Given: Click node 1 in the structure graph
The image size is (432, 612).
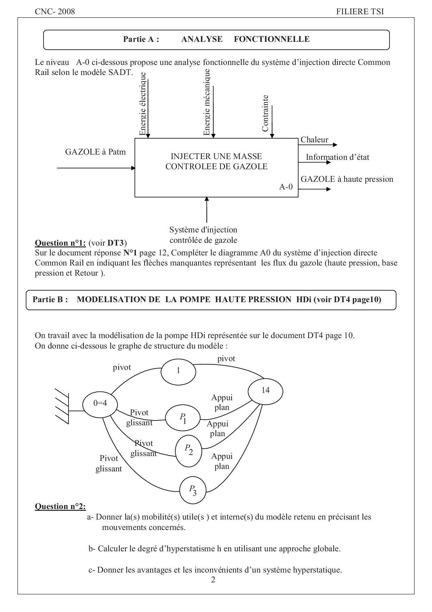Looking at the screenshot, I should tap(178, 371).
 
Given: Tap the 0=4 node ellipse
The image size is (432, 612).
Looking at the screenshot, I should tap(100, 404).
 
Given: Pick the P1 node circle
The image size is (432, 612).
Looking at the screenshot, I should tap(183, 418).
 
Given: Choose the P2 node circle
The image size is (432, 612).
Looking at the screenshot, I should tap(188, 451).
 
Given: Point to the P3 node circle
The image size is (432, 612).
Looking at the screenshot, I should tap(193, 490).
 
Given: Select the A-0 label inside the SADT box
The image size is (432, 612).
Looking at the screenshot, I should tap(286, 187).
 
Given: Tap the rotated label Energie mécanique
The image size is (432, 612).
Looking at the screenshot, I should tap(207, 102).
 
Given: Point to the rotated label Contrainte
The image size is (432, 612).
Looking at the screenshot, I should tap(265, 113).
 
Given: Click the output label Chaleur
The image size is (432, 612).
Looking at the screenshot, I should tap(314, 140).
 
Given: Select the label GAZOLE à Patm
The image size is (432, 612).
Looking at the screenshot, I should tap(95, 152).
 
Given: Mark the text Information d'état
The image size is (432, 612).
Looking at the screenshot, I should tap(337, 157).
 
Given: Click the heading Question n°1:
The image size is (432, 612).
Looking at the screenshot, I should tap(60, 243).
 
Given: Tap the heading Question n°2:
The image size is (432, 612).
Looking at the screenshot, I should tap(60, 506).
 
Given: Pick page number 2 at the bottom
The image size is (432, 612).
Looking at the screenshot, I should tap(213, 580).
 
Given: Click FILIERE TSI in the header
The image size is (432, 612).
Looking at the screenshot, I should tap(360, 12).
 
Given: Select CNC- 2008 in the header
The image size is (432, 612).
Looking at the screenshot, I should tap(55, 12).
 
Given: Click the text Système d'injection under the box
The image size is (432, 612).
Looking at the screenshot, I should tap(203, 230).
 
